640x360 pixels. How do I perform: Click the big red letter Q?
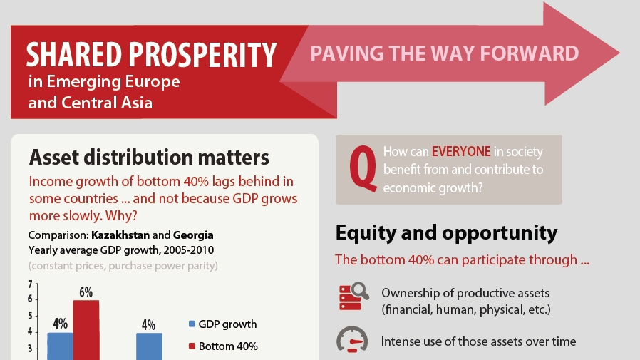(363, 169)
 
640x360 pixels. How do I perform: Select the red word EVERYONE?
(461, 151)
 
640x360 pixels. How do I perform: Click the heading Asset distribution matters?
(149, 157)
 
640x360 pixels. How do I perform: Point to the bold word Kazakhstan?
(120, 235)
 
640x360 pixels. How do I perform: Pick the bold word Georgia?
(193, 235)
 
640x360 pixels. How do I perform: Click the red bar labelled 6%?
(86, 330)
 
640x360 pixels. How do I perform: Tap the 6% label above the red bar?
(86, 292)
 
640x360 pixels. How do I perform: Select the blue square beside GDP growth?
(192, 324)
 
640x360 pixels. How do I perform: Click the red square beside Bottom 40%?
(192, 346)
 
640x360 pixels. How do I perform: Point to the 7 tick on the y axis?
(30, 284)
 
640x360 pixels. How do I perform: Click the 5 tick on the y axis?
(30, 316)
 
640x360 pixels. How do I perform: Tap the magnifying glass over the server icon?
(361, 291)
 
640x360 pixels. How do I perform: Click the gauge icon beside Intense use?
(352, 339)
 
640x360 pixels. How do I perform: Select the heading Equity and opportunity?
(446, 232)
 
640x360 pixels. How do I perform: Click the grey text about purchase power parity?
(123, 266)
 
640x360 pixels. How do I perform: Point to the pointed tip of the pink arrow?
(619, 53)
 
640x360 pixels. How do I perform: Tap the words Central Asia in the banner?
(106, 103)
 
